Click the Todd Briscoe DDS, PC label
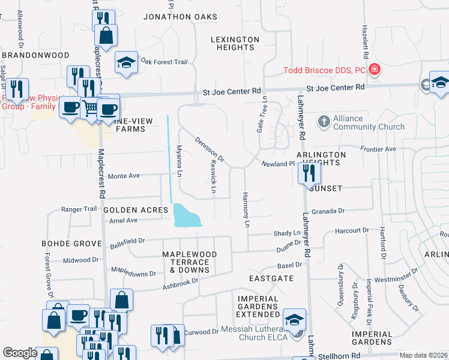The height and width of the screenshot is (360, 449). click(x=324, y=70)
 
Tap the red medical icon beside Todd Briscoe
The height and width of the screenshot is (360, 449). click(x=375, y=70)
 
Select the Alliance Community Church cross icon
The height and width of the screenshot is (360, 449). click(x=324, y=122)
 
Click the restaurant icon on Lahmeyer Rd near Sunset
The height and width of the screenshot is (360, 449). click(x=310, y=173)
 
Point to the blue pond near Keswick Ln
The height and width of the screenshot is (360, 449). click(x=187, y=215)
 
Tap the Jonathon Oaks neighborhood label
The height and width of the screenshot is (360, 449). click(x=180, y=16)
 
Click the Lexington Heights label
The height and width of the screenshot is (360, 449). click(x=235, y=43)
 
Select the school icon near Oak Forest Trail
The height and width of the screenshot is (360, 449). click(x=127, y=63)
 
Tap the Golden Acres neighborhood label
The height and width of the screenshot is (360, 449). click(x=135, y=210)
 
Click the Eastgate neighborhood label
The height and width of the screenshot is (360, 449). click(x=271, y=278)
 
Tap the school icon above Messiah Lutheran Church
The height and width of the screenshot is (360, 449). click(x=294, y=319)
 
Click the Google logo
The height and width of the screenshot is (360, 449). click(x=20, y=353)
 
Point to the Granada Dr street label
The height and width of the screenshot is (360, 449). click(x=333, y=211)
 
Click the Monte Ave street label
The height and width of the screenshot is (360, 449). click(x=124, y=176)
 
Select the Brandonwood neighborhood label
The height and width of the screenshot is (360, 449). click(x=35, y=55)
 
